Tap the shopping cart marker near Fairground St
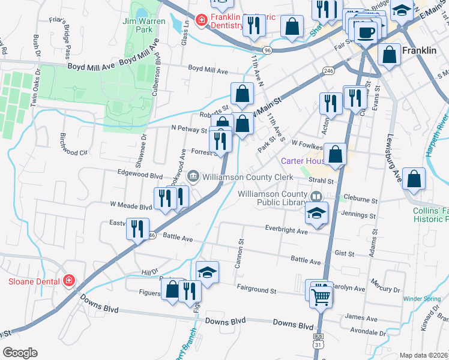click(x=321, y=294)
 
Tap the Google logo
click(x=20, y=353)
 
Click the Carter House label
click(x=303, y=161)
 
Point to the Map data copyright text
click(x=423, y=355)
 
